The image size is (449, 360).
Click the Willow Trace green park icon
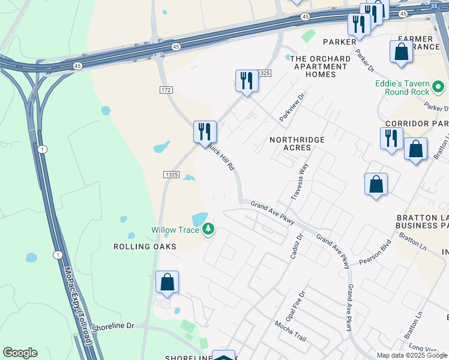(x=208, y=229)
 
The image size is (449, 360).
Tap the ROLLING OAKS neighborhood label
(x=145, y=247)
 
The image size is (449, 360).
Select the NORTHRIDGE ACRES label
(x=297, y=143)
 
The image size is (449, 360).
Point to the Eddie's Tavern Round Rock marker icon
(x=439, y=88)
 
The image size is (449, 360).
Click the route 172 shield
(x=166, y=89)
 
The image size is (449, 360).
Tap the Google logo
(x=20, y=353)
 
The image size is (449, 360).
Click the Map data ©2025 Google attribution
(x=412, y=355)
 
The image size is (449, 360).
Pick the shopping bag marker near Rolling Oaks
(x=167, y=282)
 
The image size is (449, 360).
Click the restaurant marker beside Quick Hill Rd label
(x=205, y=131)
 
